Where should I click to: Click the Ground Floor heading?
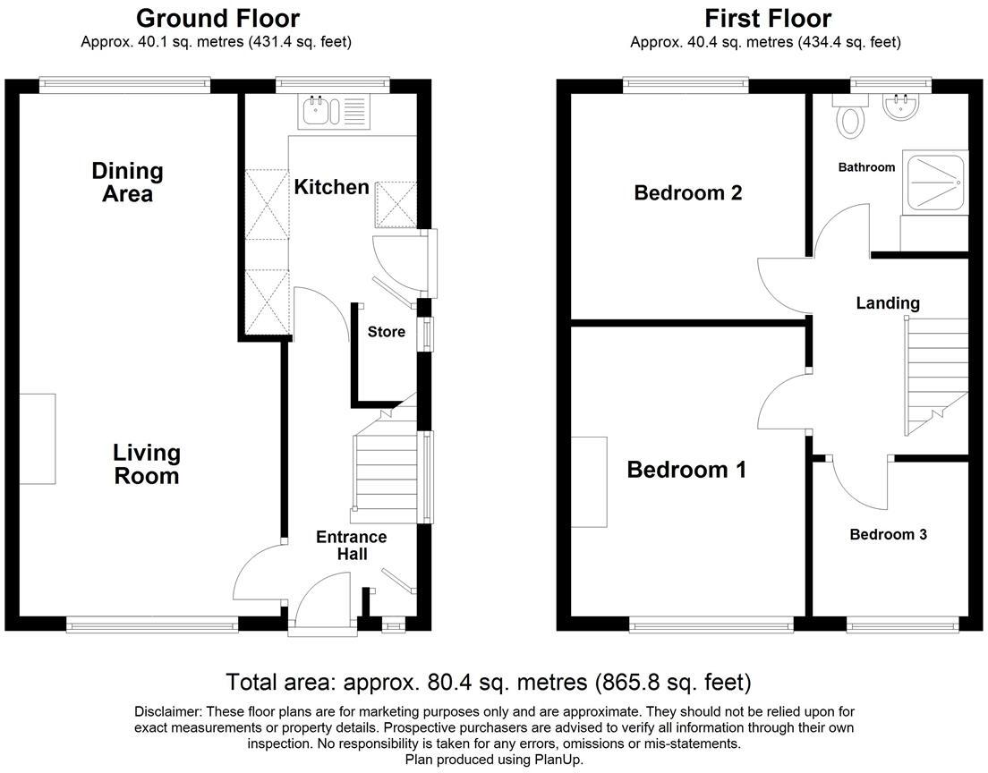[217, 18]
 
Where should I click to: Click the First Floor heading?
[767, 18]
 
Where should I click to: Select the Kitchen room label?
[332, 187]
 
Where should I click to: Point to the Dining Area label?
[128, 183]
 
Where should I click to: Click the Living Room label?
[147, 464]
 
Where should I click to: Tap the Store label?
[387, 332]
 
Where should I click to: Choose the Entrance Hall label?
[352, 545]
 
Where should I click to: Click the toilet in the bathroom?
[850, 117]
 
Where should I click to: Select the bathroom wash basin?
[901, 108]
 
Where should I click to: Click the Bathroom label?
[866, 167]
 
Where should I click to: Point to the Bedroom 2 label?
[688, 192]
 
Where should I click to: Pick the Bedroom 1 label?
[686, 470]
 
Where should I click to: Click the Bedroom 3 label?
[888, 534]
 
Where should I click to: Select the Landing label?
[888, 303]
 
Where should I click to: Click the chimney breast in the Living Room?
[38, 438]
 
